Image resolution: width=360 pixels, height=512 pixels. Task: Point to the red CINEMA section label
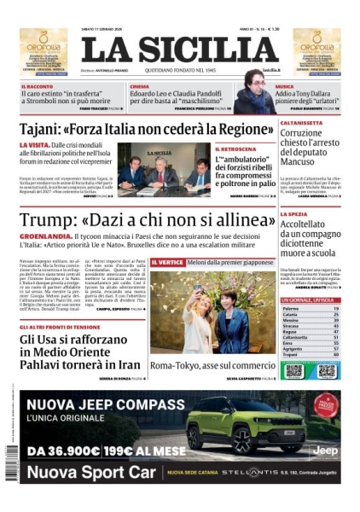(140, 87)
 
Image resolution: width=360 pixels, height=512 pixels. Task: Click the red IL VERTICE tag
(166, 262)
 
